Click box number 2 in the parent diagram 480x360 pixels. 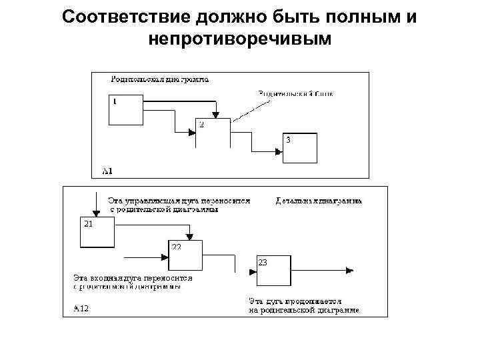click(x=213, y=131)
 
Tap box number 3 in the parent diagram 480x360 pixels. click(x=299, y=149)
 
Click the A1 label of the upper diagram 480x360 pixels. click(x=107, y=171)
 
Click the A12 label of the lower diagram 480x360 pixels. click(x=81, y=309)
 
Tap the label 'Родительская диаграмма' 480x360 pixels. click(x=159, y=79)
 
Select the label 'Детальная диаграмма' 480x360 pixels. click(x=319, y=200)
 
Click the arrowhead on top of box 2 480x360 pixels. click(x=215, y=115)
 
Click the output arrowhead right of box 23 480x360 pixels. click(x=349, y=271)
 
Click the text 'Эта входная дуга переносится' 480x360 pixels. click(x=133, y=278)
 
